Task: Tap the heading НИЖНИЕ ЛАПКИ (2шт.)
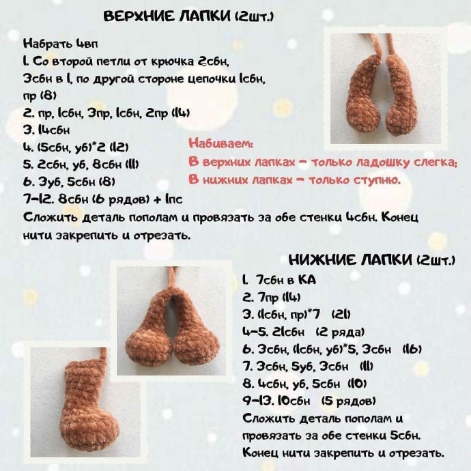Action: point(372,260)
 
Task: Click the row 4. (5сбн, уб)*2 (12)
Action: point(76,147)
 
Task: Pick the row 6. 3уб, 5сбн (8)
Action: point(68,182)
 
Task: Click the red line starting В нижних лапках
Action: point(294,180)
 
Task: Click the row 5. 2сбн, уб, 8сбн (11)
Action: point(81,165)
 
